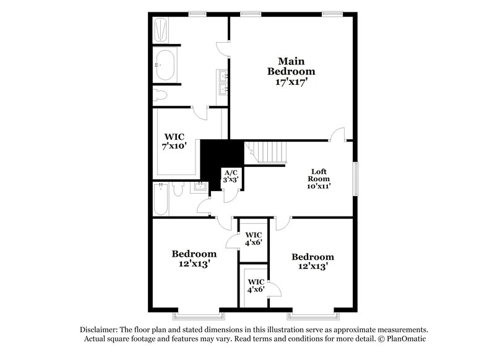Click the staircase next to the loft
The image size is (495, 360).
click(x=267, y=152)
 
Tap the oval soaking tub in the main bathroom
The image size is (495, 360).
click(x=165, y=64)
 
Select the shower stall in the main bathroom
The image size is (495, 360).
click(x=161, y=29)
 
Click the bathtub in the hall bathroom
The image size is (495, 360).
click(x=160, y=199)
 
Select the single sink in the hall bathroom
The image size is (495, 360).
click(x=200, y=186)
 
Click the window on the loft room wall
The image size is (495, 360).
click(x=356, y=179)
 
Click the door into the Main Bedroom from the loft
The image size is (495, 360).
click(x=337, y=134)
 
